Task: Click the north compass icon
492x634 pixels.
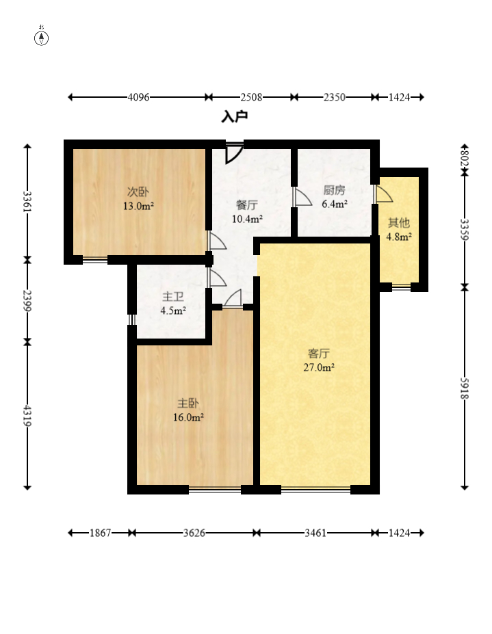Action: pyautogui.click(x=41, y=38)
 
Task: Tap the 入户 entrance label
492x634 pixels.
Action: pyautogui.click(x=234, y=117)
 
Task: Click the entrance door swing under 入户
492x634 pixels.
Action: pyautogui.click(x=234, y=153)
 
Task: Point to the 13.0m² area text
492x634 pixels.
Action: pyautogui.click(x=138, y=206)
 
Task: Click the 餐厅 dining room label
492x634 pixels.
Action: pyautogui.click(x=247, y=204)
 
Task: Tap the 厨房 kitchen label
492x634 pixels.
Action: pyautogui.click(x=334, y=190)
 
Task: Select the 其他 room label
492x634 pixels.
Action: pyautogui.click(x=398, y=222)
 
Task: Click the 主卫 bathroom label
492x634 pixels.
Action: pyautogui.click(x=172, y=297)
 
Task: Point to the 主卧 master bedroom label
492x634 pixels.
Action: pyautogui.click(x=188, y=403)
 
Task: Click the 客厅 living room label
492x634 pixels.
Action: pyautogui.click(x=319, y=354)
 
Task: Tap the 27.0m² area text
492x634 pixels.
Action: pyautogui.click(x=319, y=367)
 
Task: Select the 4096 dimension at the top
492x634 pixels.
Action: pyautogui.click(x=138, y=97)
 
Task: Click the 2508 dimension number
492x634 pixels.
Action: pyautogui.click(x=251, y=97)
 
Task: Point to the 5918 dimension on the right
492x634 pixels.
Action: pyautogui.click(x=465, y=388)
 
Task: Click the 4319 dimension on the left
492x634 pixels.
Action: pyautogui.click(x=27, y=416)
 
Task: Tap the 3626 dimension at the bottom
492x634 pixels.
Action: pyautogui.click(x=194, y=533)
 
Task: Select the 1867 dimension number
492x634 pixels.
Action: pyautogui.click(x=100, y=533)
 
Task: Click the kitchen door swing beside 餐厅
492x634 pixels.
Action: pyautogui.click(x=302, y=196)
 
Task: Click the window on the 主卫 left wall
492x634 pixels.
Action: pyautogui.click(x=131, y=319)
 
